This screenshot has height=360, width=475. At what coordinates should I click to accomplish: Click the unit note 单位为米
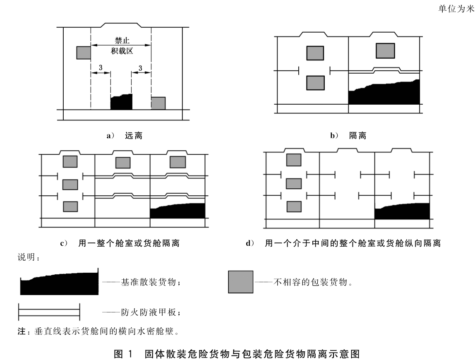(456, 9)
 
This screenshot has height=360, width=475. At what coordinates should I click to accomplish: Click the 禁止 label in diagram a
(122, 40)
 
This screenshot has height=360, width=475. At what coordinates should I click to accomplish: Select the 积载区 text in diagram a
(122, 51)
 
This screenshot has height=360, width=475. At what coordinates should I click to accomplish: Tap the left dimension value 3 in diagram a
(101, 67)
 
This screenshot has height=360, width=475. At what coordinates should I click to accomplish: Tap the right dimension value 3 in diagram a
(140, 68)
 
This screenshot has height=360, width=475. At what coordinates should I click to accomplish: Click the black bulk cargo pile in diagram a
(122, 103)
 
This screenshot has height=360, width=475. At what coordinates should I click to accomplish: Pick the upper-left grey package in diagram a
(84, 53)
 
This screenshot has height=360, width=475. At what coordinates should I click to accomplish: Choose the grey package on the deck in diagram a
(158, 103)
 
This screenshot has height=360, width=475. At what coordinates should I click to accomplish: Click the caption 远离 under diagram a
(134, 135)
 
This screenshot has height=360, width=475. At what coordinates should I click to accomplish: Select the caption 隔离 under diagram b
(358, 135)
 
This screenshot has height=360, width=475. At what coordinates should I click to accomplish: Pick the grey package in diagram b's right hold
(385, 50)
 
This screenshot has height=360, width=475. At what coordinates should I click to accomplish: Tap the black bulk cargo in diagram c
(178, 211)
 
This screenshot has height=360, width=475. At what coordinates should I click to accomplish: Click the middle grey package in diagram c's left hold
(70, 185)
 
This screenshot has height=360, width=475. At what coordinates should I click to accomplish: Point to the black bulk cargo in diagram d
(402, 211)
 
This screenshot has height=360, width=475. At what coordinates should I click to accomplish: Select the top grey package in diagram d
(294, 160)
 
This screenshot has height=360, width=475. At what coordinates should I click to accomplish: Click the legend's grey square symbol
(240, 282)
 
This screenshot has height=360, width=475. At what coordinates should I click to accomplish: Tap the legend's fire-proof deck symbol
(49, 312)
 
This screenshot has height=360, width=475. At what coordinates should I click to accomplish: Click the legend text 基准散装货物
(149, 282)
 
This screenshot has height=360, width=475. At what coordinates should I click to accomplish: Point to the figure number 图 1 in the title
(123, 354)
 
